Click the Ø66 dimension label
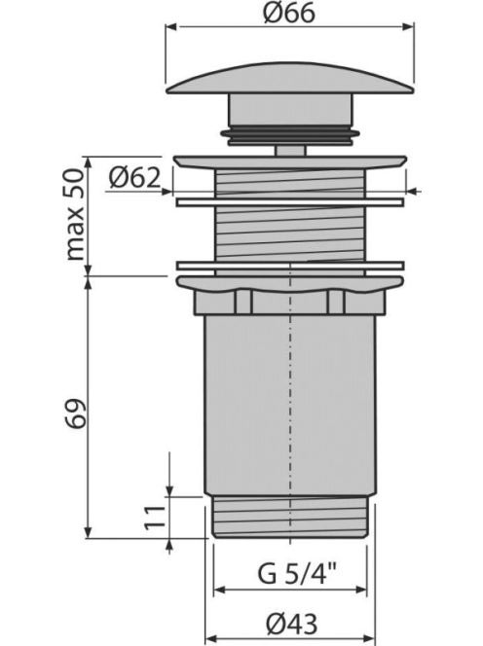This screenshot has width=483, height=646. tap(288, 13)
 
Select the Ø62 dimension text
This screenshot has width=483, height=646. tap(134, 178)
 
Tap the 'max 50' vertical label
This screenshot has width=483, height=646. tap(75, 214)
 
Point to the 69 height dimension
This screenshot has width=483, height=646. tap(76, 413)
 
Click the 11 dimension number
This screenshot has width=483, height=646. tap(155, 517)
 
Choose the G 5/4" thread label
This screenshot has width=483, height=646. tap(297, 573)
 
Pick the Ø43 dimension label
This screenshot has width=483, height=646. tap(291, 624)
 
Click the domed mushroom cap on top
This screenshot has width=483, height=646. tap(290, 79)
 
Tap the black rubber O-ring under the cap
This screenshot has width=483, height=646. tap(290, 133)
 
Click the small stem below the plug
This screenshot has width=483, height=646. tap(290, 150)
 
